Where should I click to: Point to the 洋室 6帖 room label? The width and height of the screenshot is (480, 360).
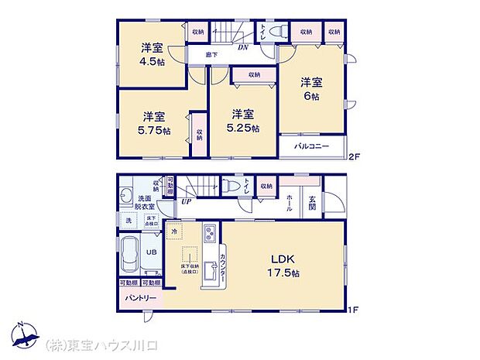(311, 87)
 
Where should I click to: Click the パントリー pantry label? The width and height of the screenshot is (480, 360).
(139, 298)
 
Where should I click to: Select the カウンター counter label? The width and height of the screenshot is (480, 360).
(222, 266)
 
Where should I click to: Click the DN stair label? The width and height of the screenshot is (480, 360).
(242, 47)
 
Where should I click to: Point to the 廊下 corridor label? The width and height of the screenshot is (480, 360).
(211, 55)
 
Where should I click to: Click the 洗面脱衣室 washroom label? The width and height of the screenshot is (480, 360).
(146, 203)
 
